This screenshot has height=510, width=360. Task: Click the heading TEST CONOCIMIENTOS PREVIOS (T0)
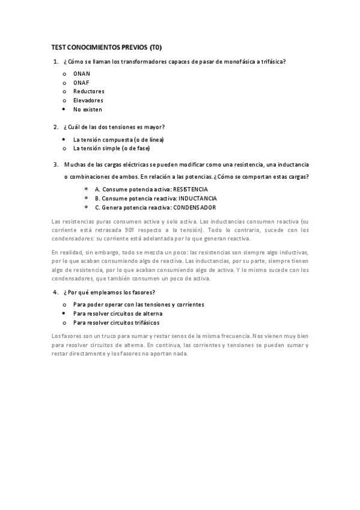pos(106,47)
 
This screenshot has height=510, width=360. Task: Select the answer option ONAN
pos(82,73)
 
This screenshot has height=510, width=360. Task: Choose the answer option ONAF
pos(82,82)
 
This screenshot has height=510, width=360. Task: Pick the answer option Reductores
pos(89,91)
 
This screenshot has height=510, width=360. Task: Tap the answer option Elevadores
pos(88,100)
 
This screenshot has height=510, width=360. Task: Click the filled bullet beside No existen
pos(64,109)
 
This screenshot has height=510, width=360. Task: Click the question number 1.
pos(55,61)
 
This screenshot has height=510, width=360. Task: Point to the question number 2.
pos(55,127)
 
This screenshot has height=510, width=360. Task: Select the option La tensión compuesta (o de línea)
pos(118,139)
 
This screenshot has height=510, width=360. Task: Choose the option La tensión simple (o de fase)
pos(111,148)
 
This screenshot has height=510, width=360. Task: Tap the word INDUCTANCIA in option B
pos(196,198)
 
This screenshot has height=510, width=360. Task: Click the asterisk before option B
pos(87,198)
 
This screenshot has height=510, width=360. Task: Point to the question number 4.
pos(55,292)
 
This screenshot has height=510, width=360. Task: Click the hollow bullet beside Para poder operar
pos(64,304)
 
